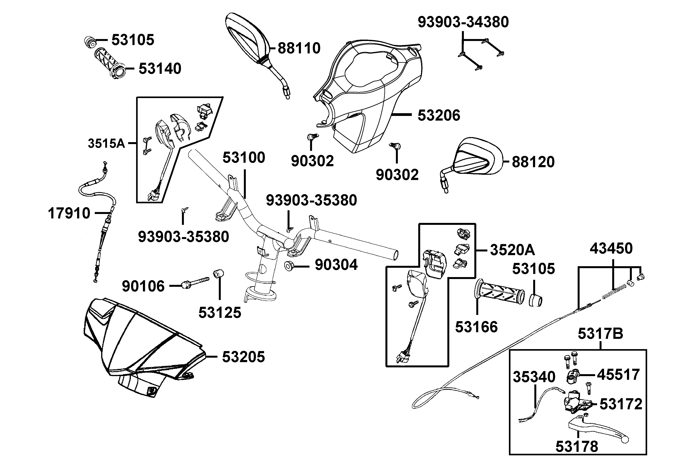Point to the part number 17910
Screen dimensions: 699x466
(x=69, y=213)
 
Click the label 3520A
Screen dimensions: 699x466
(x=512, y=250)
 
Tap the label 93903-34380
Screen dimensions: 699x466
(x=463, y=22)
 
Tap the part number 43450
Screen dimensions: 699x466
(x=611, y=249)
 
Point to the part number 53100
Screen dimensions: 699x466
(x=244, y=157)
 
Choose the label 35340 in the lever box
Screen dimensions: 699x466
(x=534, y=377)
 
